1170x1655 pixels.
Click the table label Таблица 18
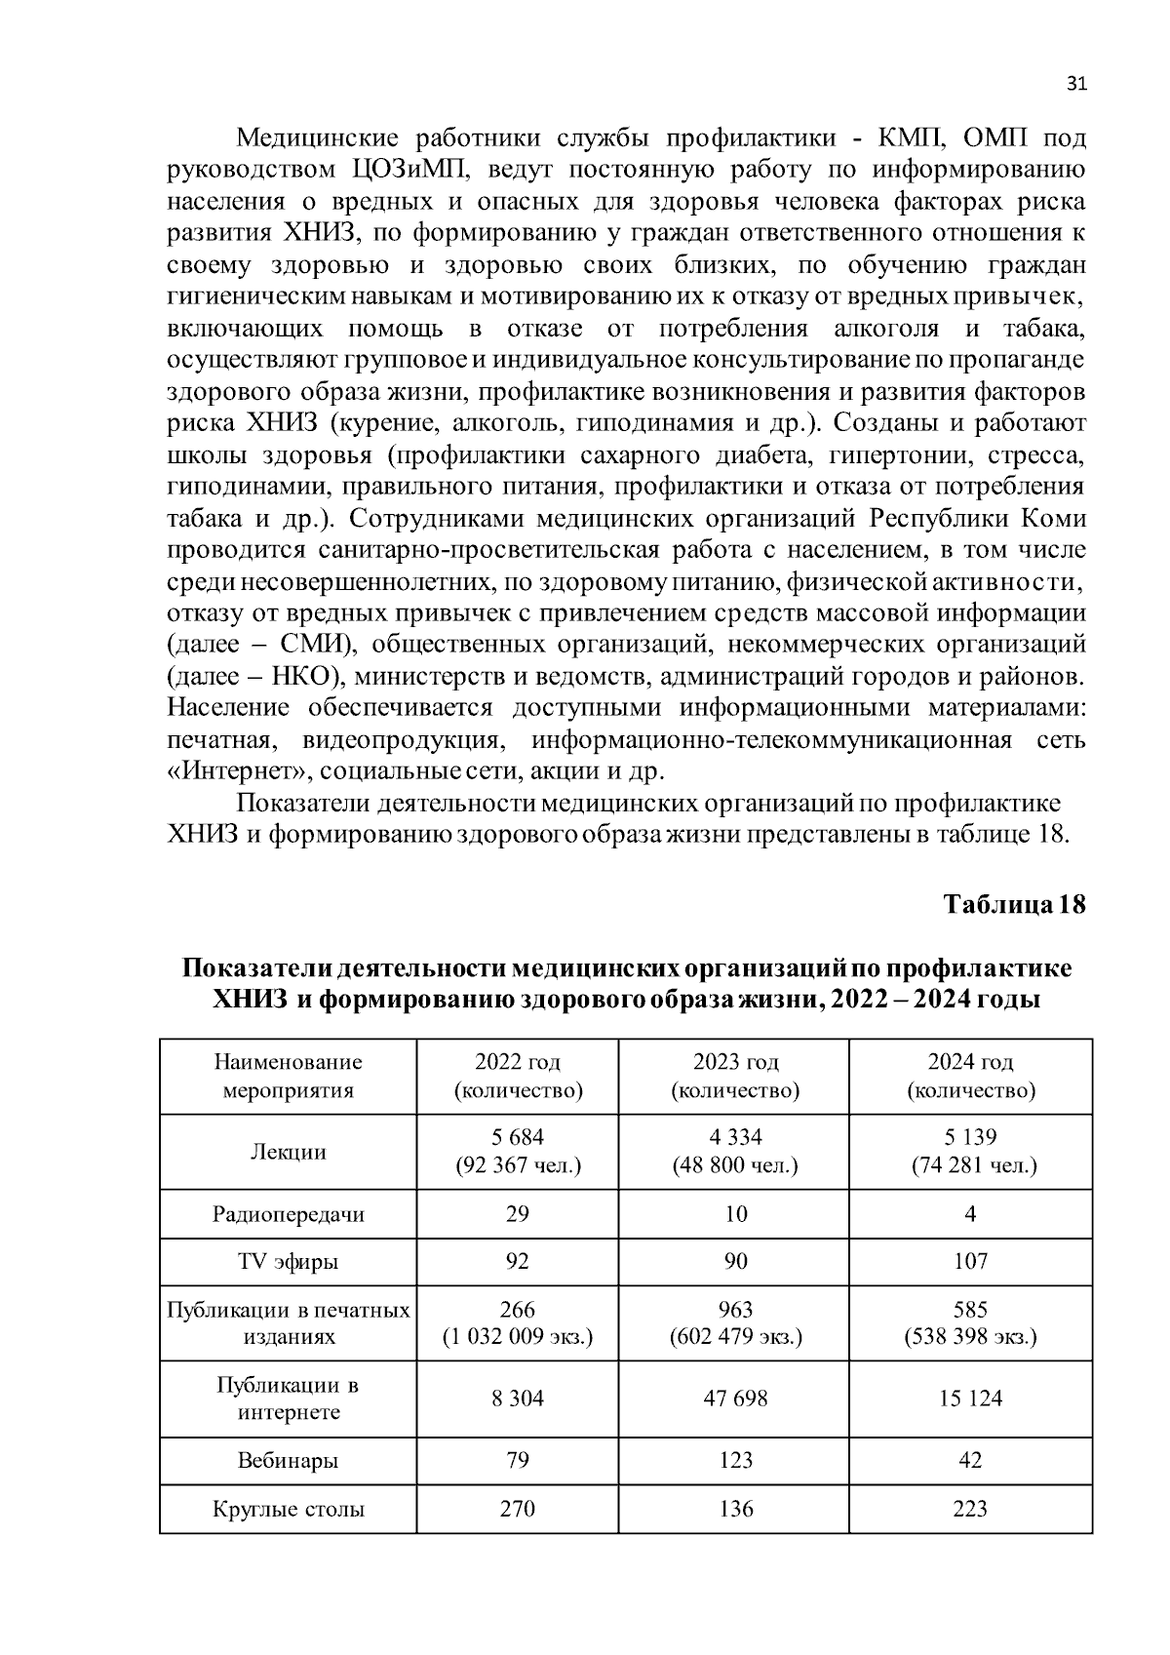(x=1014, y=904)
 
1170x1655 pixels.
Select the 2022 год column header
(x=518, y=1076)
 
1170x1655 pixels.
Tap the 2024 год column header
(x=970, y=1076)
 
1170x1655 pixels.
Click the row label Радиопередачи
(x=289, y=1214)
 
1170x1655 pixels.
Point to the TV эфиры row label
(x=289, y=1262)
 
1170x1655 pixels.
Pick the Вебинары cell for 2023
(x=735, y=1460)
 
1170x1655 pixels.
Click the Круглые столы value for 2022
(x=518, y=1509)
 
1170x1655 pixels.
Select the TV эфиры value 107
(x=970, y=1262)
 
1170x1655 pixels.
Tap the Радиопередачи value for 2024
(x=970, y=1214)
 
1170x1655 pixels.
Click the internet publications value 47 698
(x=735, y=1399)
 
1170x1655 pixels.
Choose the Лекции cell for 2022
(x=518, y=1151)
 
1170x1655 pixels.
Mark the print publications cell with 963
(x=735, y=1322)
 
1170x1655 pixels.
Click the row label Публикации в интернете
(x=289, y=1399)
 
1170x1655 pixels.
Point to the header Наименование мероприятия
(x=289, y=1076)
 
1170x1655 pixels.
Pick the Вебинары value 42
(x=970, y=1460)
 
